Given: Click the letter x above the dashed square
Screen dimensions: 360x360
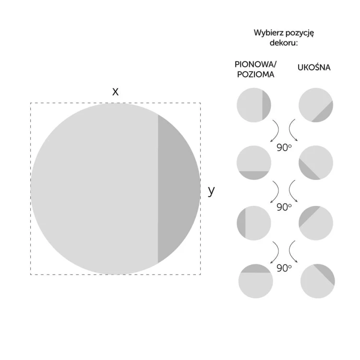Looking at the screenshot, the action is click(x=115, y=92).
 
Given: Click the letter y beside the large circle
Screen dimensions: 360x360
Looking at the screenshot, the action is click(x=211, y=191).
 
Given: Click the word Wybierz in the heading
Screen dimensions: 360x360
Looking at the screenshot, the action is click(x=265, y=33).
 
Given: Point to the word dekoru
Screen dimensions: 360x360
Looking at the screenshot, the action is click(x=283, y=43).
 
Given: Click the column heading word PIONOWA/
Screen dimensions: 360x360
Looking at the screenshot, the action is click(x=255, y=64).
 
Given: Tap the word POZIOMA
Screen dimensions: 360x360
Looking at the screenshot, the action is click(x=255, y=74).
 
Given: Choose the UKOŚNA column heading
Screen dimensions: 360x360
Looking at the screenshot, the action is click(x=314, y=67).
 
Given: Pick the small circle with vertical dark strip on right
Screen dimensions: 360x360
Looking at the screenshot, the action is click(x=254, y=105).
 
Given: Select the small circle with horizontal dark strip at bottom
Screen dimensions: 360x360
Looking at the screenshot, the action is click(x=254, y=163).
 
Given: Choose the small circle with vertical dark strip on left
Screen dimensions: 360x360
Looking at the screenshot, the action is click(x=254, y=223).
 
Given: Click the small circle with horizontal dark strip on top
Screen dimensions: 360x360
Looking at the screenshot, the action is click(x=256, y=281).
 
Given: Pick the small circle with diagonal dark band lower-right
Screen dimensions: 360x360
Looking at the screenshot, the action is click(x=316, y=105).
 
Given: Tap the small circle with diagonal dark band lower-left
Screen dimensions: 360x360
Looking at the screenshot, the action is click(x=316, y=163).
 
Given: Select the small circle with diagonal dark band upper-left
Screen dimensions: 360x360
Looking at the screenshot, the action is click(x=316, y=223).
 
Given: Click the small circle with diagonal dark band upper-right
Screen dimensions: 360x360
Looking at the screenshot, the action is click(x=318, y=281).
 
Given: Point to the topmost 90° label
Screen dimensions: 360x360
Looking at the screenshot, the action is click(x=284, y=148).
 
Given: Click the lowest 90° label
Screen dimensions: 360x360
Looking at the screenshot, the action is click(x=284, y=268).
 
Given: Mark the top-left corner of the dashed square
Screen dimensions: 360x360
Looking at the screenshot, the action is click(x=31, y=103).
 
